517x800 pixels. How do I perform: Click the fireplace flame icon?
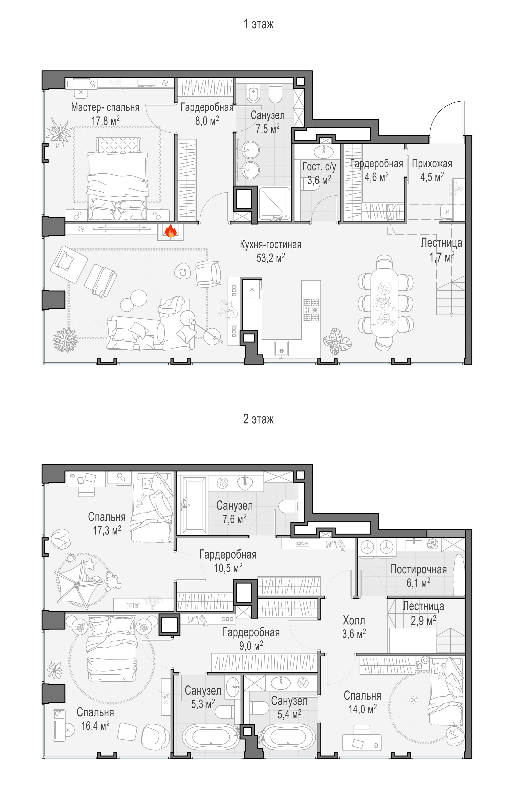[171, 231]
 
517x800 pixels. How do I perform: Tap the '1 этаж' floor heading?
[259, 24]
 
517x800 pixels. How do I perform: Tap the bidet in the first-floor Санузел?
[253, 93]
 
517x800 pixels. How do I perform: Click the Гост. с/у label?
[319, 167]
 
